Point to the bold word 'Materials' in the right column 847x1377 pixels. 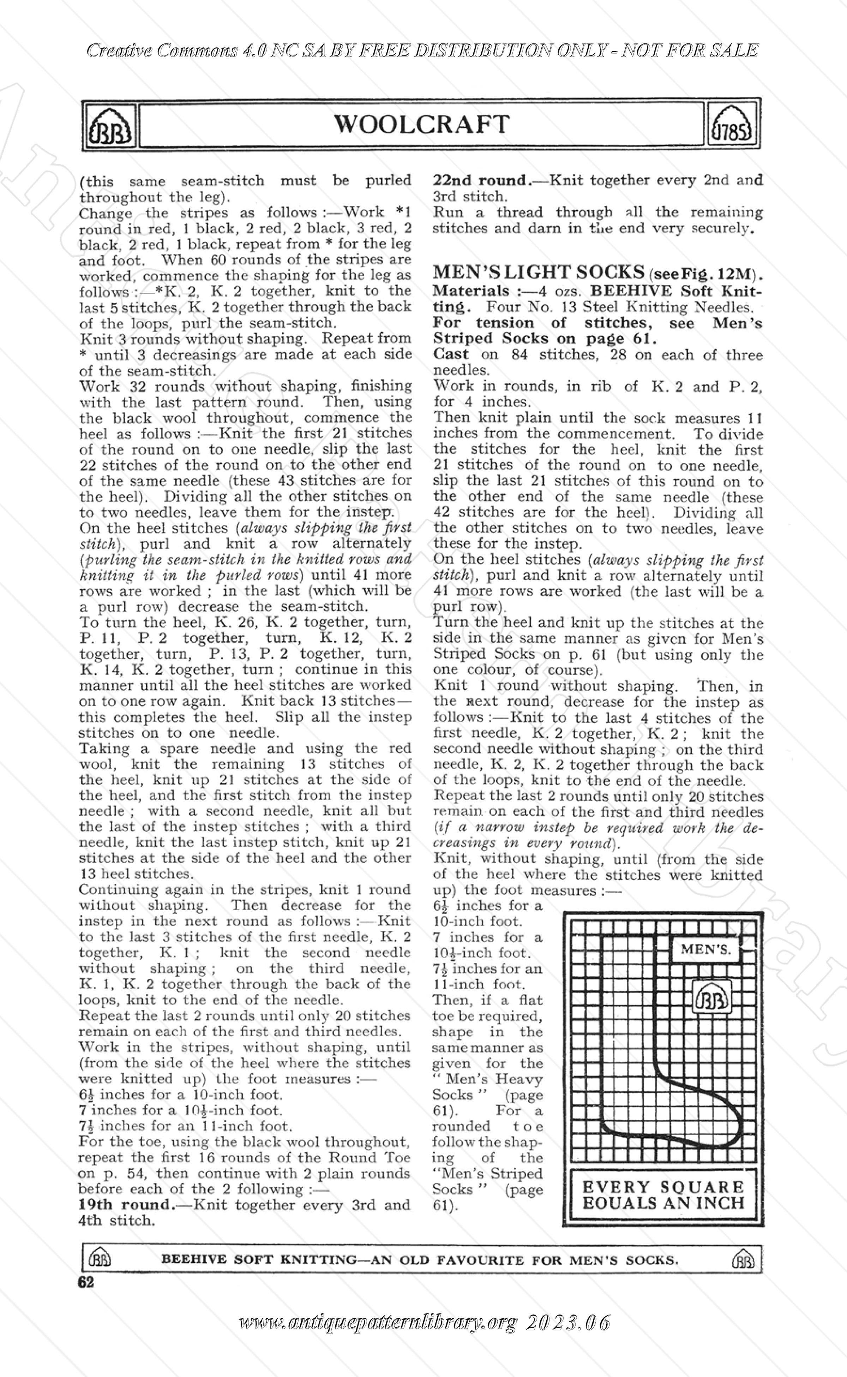tap(471, 291)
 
